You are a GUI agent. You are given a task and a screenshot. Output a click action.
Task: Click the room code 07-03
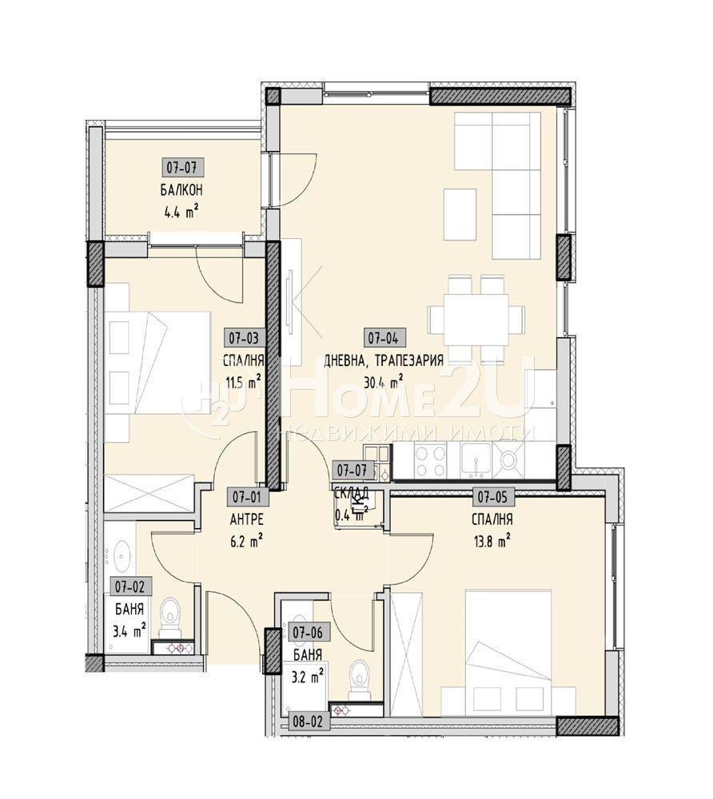click(242, 337)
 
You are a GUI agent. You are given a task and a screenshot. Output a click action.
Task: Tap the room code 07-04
click(383, 337)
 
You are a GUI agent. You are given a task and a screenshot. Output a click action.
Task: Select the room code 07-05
click(493, 497)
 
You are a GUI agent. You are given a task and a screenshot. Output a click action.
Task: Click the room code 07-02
click(128, 586)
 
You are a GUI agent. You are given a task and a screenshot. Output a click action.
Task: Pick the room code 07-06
click(308, 633)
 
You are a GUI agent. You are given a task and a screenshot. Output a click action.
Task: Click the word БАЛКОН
click(180, 190)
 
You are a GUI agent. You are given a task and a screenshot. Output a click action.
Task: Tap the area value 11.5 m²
click(244, 382)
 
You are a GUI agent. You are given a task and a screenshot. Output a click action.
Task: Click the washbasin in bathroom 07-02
click(122, 551)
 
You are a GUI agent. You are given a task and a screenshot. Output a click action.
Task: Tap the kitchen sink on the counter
click(477, 459)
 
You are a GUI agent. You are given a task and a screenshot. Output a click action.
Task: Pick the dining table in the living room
click(468, 314)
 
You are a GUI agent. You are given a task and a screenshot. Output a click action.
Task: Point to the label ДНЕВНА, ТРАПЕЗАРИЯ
click(384, 360)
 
